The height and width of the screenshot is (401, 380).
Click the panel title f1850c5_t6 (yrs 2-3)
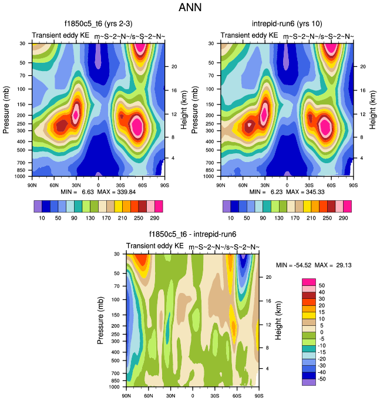click(99, 24)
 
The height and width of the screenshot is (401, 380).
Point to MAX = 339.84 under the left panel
click(121, 191)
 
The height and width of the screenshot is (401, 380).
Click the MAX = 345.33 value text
click(309, 191)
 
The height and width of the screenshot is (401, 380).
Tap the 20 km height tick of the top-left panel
click(173, 66)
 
